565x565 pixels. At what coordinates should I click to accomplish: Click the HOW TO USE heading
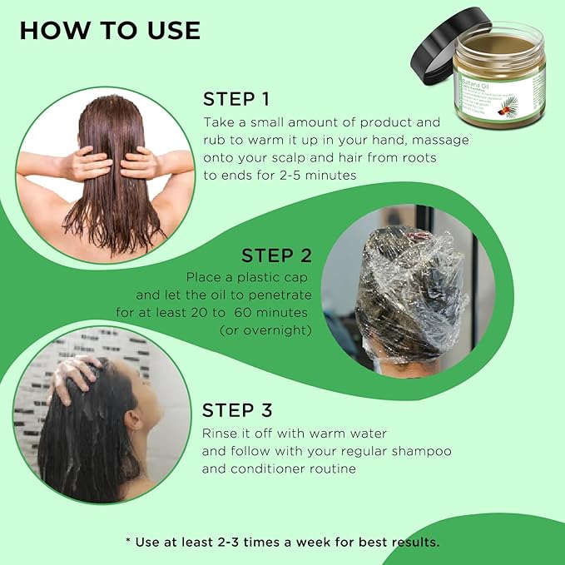(110, 30)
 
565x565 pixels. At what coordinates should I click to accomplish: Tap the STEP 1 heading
(236, 100)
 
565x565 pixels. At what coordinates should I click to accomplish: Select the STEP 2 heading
(276, 255)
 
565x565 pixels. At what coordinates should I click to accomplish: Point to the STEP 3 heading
(238, 410)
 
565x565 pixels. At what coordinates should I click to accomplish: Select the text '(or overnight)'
(265, 330)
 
